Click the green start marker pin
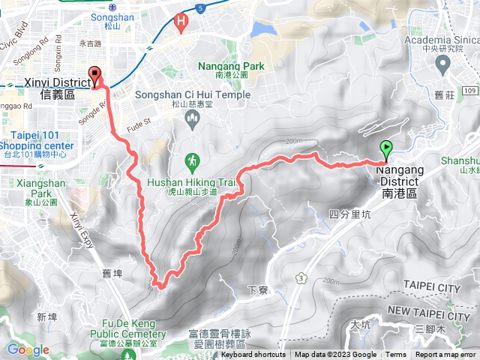(387, 148)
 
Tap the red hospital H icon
(181, 22)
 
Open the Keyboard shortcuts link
(253, 355)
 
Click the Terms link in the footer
(396, 355)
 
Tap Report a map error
(445, 355)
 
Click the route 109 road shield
(469, 90)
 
